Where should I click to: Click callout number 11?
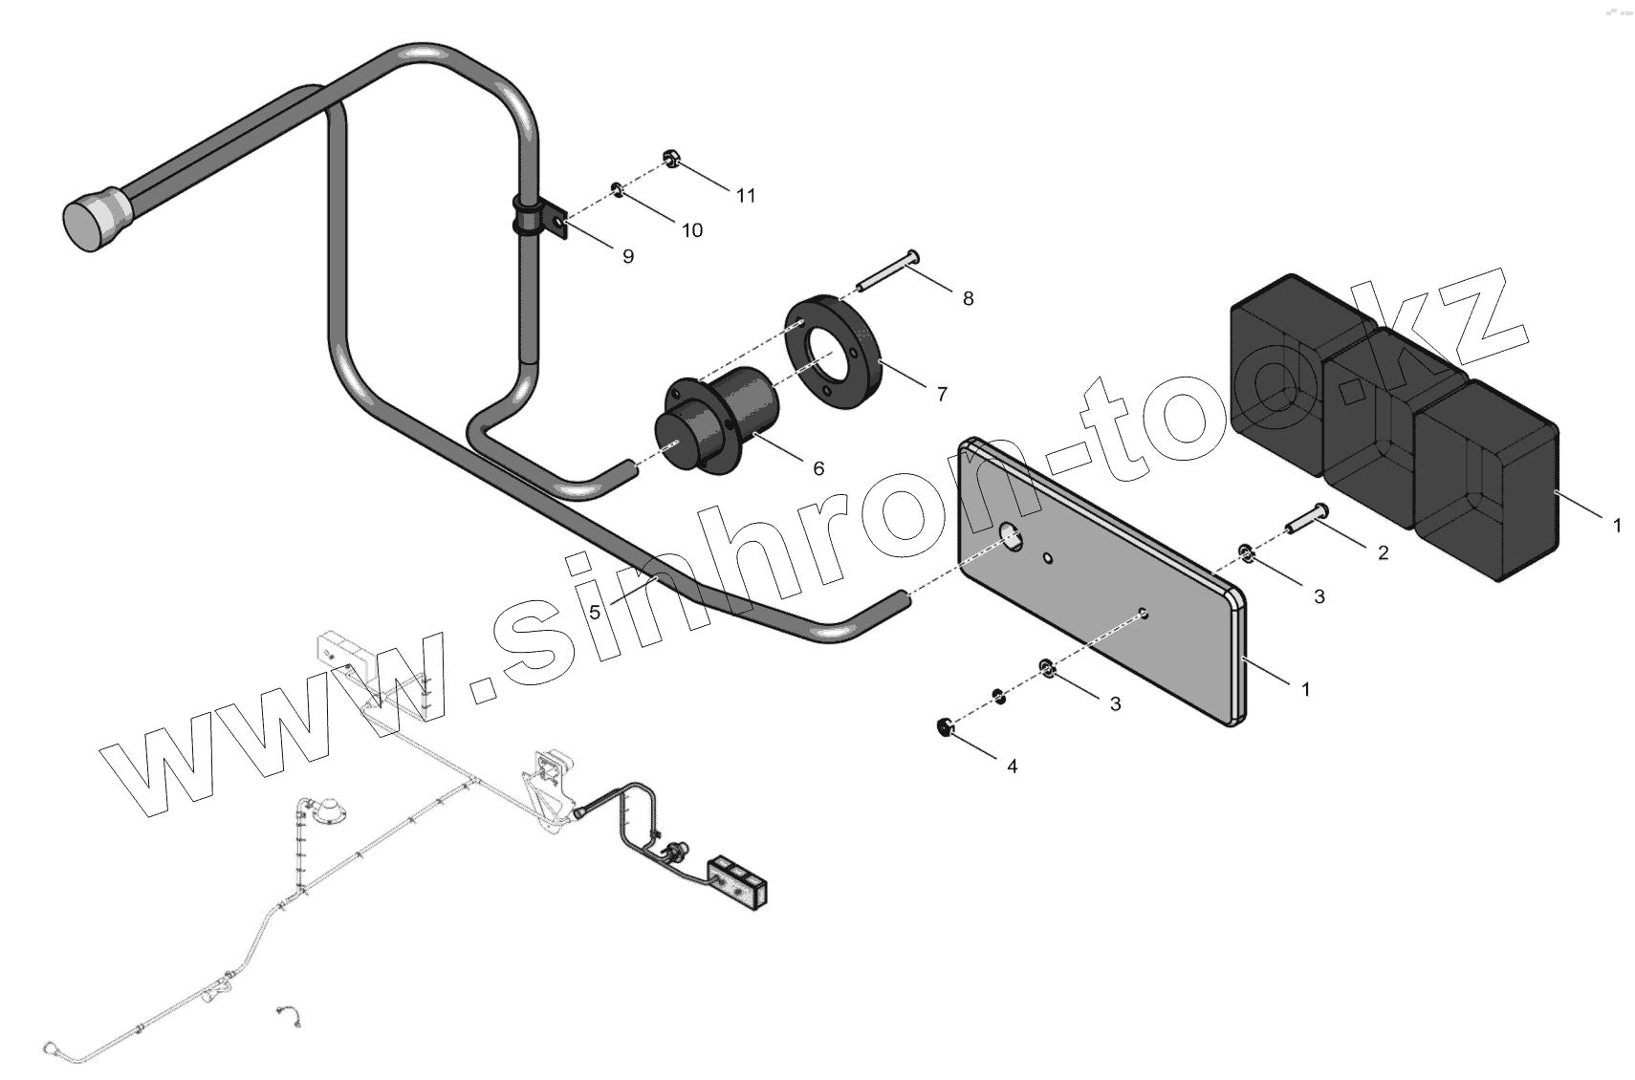coord(746,196)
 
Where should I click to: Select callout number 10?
coord(691,230)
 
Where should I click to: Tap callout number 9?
coord(627,257)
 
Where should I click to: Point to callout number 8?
coord(968,299)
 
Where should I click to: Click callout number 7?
coord(942,394)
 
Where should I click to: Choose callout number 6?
coord(818,468)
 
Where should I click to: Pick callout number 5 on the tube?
coord(595,612)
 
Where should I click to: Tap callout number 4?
coord(1012,766)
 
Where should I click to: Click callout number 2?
coord(1383,552)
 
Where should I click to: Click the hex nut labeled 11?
coord(670,159)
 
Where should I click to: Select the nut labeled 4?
coord(942,728)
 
